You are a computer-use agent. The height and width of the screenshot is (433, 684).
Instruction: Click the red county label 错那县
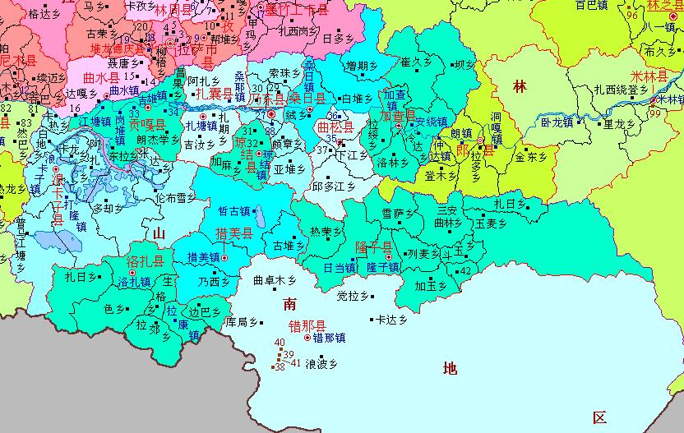tap(304, 324)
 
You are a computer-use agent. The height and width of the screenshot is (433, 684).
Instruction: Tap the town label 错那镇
tap(329, 337)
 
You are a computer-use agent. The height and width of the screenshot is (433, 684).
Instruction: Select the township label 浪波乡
tap(321, 362)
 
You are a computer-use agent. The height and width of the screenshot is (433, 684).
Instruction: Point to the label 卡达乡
tap(392, 320)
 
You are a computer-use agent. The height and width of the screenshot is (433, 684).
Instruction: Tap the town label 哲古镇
tap(233, 211)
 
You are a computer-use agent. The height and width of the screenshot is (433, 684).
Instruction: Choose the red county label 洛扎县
tap(146, 262)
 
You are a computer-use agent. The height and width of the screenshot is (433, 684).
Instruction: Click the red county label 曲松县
tap(335, 127)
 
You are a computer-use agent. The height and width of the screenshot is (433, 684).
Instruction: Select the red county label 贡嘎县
tap(146, 126)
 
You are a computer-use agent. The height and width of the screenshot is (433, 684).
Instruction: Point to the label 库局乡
tap(243, 320)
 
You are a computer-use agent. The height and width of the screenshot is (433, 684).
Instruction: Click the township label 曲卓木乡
tap(273, 279)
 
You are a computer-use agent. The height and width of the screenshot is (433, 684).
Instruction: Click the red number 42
tap(465, 271)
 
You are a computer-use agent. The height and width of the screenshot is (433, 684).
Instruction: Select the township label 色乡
tap(114, 308)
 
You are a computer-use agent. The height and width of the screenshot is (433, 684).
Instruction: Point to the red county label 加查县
tap(398, 117)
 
